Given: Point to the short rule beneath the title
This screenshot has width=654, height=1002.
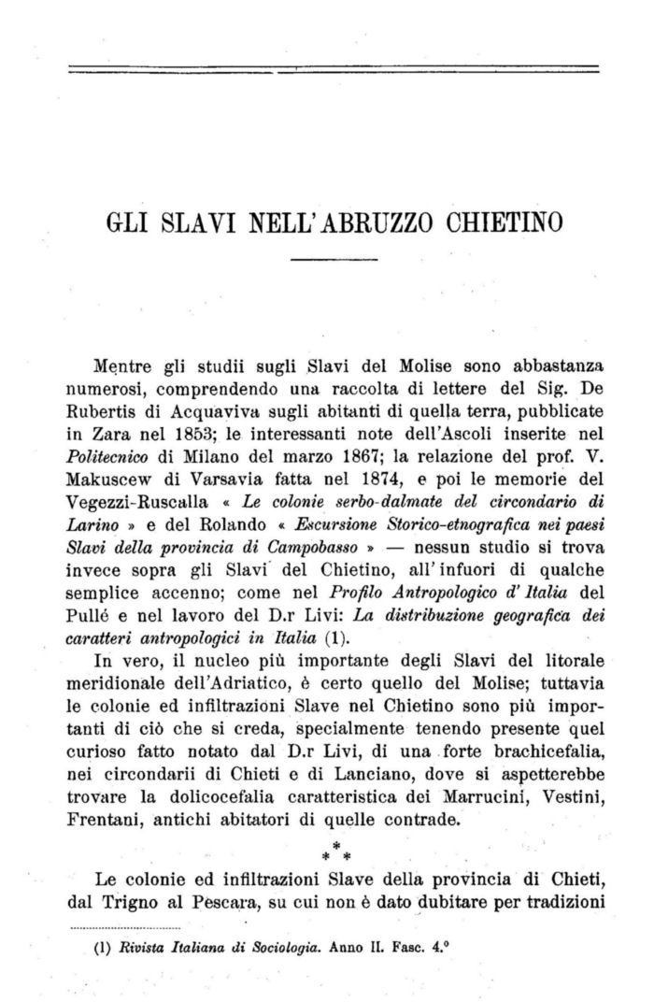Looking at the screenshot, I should tap(334, 258).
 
